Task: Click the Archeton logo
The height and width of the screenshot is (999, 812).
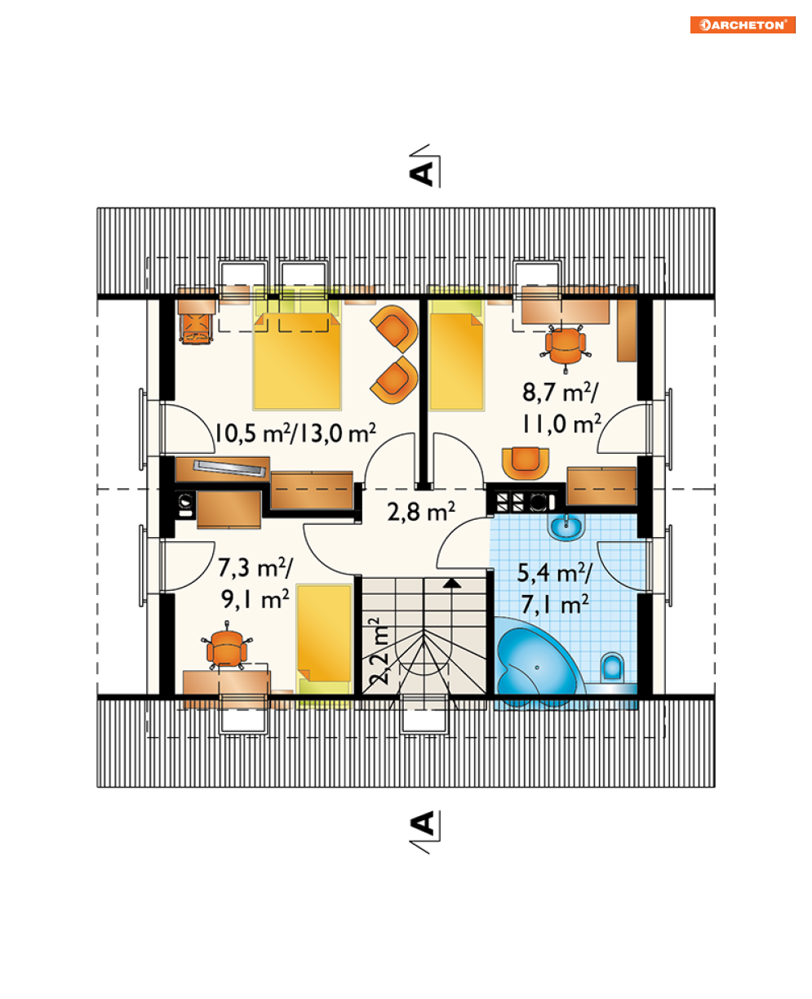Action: point(743,24)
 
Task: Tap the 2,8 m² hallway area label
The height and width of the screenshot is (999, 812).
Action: point(420,511)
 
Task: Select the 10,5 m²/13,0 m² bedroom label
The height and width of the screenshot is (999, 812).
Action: point(295,433)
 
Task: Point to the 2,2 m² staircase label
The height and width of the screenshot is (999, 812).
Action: point(379,650)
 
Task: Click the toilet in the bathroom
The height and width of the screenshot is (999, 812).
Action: point(612,668)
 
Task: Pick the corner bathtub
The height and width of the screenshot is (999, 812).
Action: point(539,662)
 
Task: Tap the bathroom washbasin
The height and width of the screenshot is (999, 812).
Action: point(566,526)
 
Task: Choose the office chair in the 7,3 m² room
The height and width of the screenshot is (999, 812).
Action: point(227,648)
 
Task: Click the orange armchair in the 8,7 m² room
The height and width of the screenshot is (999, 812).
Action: point(525,463)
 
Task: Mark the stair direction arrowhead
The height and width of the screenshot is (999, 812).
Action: point(451,584)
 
